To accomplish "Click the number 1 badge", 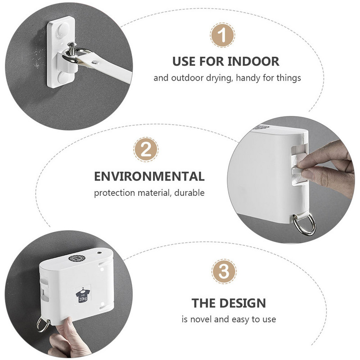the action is click(x=222, y=35).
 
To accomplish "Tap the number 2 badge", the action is click(x=146, y=149).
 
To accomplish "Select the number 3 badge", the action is click(x=224, y=271).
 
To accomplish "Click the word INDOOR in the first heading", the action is click(x=253, y=62).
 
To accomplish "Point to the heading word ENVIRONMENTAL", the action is click(x=149, y=176).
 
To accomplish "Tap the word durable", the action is click(x=189, y=193).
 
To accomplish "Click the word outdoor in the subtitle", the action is click(x=187, y=78).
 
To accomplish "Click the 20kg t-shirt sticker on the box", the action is click(x=83, y=294).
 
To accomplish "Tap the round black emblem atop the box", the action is click(x=77, y=258).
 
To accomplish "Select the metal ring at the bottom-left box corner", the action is click(x=43, y=324).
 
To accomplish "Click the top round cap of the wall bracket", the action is click(x=63, y=29).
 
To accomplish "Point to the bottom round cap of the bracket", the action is click(x=63, y=77).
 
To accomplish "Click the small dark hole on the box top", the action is click(x=99, y=252).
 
